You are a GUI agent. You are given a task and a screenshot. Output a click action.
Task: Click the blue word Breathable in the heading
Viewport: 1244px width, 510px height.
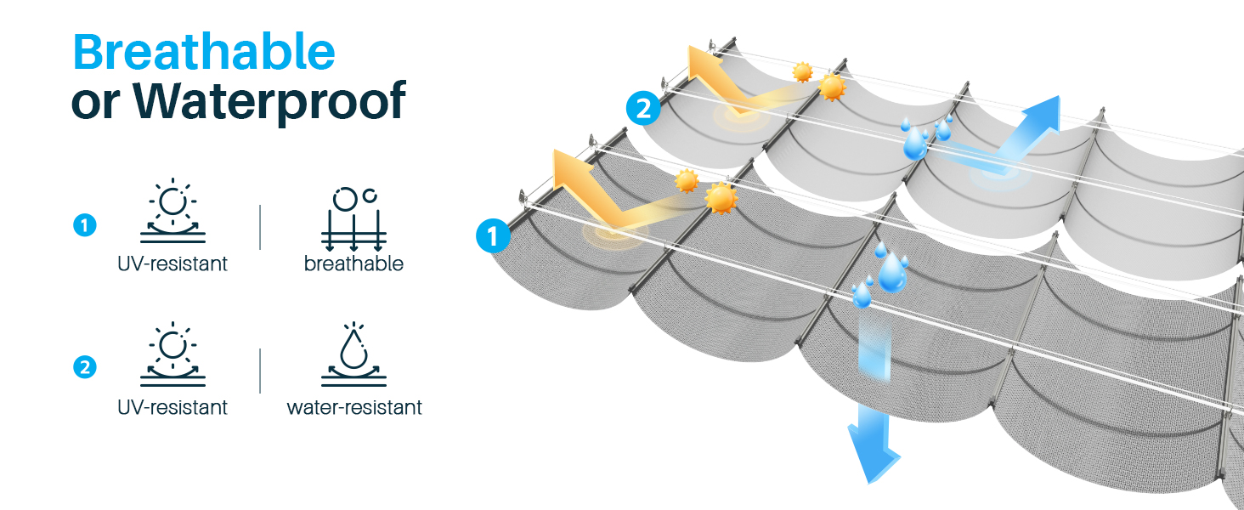tap(204, 52)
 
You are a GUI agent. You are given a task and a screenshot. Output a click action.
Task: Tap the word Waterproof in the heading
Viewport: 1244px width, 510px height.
tap(269, 101)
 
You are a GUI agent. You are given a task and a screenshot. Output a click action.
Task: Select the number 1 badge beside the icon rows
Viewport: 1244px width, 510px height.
tap(85, 225)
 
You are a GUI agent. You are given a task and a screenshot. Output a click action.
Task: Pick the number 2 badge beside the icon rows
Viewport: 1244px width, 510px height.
tap(85, 367)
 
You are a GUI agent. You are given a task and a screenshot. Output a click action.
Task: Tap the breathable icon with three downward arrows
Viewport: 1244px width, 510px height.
tap(353, 219)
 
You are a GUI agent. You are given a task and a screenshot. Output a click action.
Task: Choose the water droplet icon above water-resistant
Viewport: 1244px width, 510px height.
tap(353, 354)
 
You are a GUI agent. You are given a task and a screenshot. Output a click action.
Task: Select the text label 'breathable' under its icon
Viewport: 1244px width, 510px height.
tap(353, 263)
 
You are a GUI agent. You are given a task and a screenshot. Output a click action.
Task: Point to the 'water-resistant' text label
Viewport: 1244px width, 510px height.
tap(354, 407)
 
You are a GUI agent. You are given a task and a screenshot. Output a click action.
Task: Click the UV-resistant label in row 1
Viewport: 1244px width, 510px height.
tap(172, 263)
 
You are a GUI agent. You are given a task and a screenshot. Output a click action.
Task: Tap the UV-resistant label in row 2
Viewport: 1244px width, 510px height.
tap(172, 407)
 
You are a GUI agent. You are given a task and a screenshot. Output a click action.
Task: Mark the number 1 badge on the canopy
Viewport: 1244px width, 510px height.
tap(493, 236)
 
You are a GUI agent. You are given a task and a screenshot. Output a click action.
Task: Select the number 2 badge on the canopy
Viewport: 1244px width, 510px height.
tap(643, 108)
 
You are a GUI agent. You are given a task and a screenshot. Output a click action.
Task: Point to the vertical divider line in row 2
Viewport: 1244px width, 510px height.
tap(260, 371)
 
